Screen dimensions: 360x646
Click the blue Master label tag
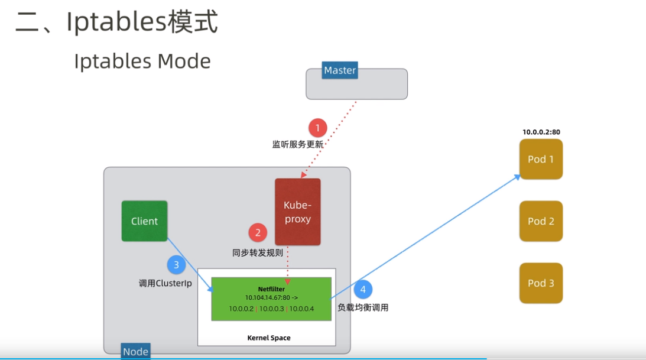coord(340,70)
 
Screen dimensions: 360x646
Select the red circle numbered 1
coord(317,128)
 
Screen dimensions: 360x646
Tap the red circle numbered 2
coord(257,232)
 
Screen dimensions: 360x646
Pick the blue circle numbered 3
coord(176,265)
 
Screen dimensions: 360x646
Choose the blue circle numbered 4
coord(363,290)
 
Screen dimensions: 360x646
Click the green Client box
coord(144,221)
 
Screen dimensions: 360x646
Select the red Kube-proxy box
coord(297,212)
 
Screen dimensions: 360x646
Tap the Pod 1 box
coord(541,159)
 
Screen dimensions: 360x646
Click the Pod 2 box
coord(541,221)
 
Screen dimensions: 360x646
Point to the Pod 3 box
coord(541,283)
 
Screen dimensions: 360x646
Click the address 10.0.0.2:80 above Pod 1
coord(541,132)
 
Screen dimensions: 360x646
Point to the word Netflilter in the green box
coord(272,288)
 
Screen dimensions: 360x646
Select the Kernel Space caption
coord(268,338)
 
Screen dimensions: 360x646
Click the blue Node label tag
coord(135,351)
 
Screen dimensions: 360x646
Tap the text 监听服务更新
coord(298,144)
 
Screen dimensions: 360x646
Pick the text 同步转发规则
coord(257,252)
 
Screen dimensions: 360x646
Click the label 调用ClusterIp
coord(165,284)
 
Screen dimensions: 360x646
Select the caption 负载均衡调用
coord(363,307)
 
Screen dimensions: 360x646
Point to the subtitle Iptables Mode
coord(142,61)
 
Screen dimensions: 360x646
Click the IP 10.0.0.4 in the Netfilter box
coord(301,309)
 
